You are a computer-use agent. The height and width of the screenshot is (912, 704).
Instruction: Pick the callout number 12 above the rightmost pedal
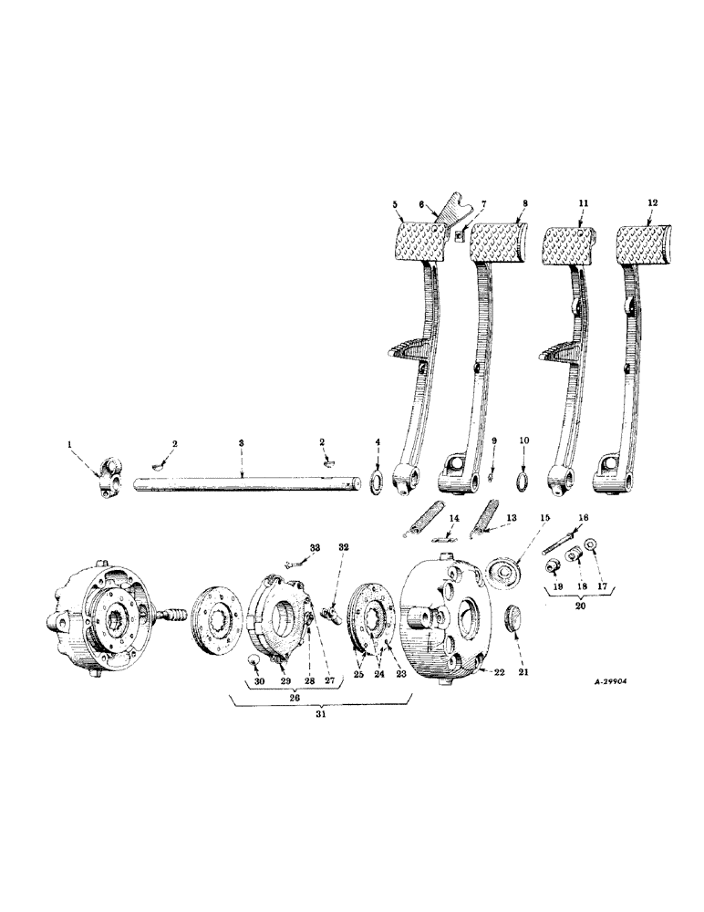click(649, 204)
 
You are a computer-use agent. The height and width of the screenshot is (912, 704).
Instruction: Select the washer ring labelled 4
click(377, 480)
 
